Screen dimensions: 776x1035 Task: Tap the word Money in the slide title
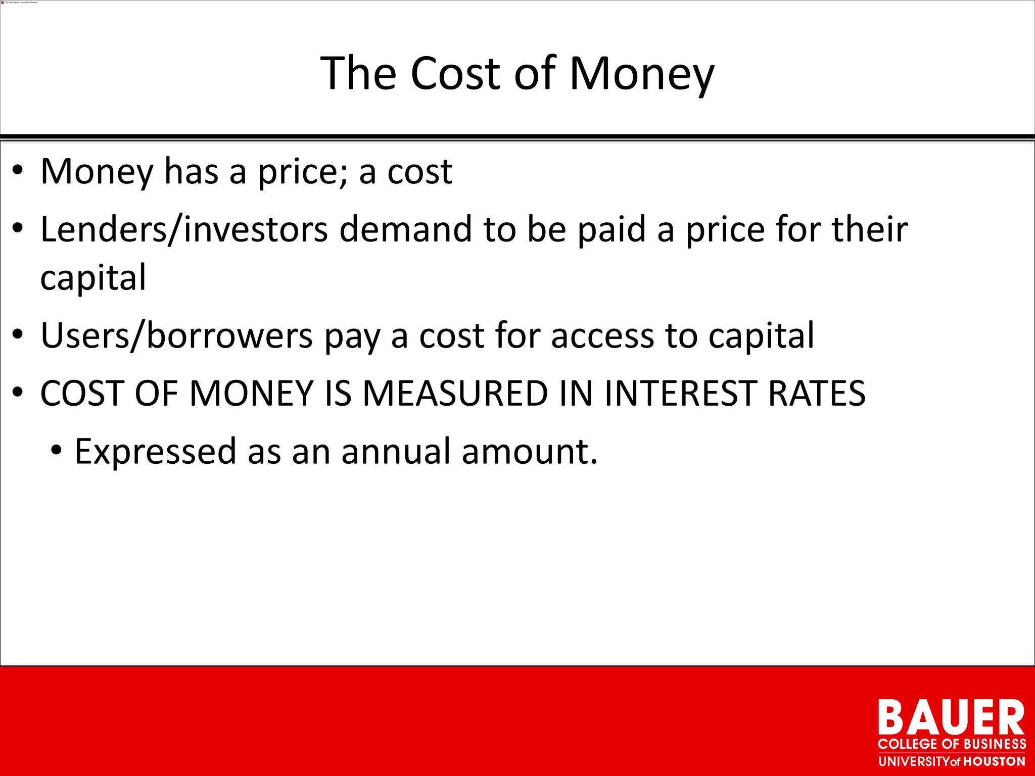pyautogui.click(x=641, y=74)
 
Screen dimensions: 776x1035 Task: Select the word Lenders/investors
pyautogui.click(x=184, y=230)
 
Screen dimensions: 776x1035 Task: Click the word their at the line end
pyautogui.click(x=870, y=230)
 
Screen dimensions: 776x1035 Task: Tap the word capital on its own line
pyautogui.click(x=93, y=278)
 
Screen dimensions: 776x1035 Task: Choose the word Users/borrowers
pyautogui.click(x=176, y=336)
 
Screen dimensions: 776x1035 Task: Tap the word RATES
pyautogui.click(x=817, y=394)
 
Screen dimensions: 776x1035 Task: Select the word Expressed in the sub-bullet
pyautogui.click(x=155, y=452)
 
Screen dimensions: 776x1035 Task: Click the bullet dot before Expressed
pyautogui.click(x=57, y=450)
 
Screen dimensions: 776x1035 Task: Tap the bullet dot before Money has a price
pyautogui.click(x=18, y=170)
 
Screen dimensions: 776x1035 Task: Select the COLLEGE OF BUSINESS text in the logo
pyautogui.click(x=952, y=744)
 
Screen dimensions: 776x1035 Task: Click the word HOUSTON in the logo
pyautogui.click(x=994, y=761)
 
